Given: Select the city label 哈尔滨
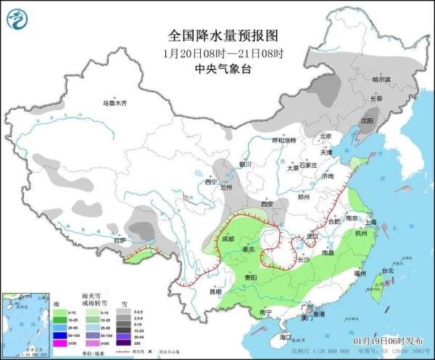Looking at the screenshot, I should (381, 78).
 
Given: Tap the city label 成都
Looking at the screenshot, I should (229, 237).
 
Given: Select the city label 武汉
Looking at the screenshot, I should (313, 236).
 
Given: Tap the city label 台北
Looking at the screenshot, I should (386, 271).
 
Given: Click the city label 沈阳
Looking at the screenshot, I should (367, 120).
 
